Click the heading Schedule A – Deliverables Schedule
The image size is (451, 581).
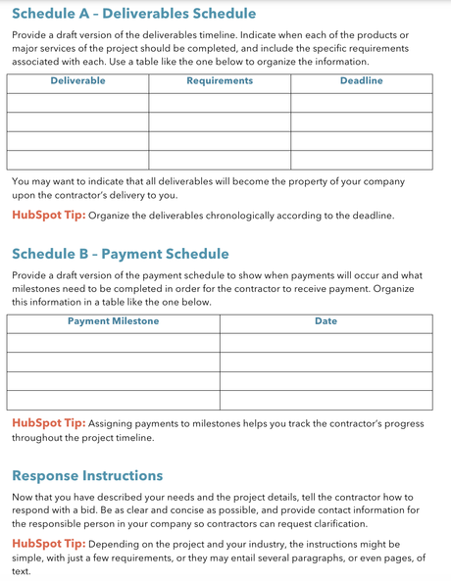pyautogui.click(x=134, y=14)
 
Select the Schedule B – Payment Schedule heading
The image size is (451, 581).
pyautogui.click(x=121, y=254)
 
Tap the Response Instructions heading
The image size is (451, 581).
pyautogui.click(x=87, y=475)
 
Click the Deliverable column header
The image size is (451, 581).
pyautogui.click(x=77, y=81)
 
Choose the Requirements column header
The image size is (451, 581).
pyautogui.click(x=220, y=81)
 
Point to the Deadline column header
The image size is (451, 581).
pyautogui.click(x=361, y=81)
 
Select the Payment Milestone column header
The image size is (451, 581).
pyautogui.click(x=113, y=321)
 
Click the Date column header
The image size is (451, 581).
pyautogui.click(x=326, y=321)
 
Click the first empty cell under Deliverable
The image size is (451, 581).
pyautogui.click(x=77, y=103)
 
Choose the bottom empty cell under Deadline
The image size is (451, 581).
pyautogui.click(x=361, y=160)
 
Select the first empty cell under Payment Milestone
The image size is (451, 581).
pyautogui.click(x=113, y=343)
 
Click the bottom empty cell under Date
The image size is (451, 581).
pyautogui.click(x=326, y=400)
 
